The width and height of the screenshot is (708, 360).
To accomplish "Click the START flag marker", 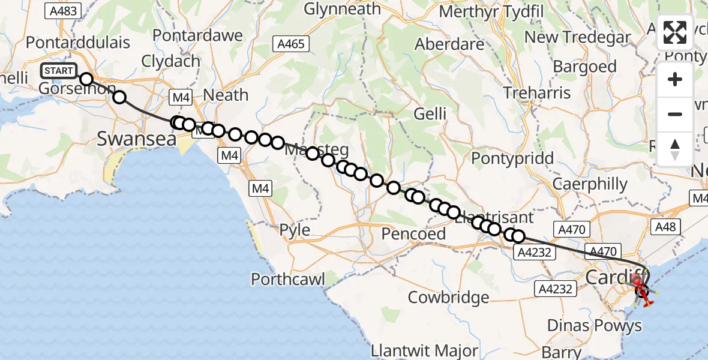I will click(x=59, y=71).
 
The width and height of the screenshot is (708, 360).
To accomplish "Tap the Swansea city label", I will click(x=136, y=139).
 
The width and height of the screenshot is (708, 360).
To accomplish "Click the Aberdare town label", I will click(x=449, y=45).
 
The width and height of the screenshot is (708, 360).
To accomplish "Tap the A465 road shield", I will click(x=291, y=44).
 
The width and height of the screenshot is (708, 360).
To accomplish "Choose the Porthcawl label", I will click(x=288, y=279).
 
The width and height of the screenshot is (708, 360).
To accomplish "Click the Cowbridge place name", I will click(x=448, y=297).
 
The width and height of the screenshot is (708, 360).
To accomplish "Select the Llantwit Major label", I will click(x=424, y=350).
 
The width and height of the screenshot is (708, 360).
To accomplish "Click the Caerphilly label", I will click(x=590, y=184).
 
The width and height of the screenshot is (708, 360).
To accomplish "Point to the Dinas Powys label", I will click(x=595, y=326).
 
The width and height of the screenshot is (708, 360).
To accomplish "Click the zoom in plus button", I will click(x=675, y=79).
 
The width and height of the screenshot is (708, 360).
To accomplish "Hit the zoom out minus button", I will click(x=675, y=114).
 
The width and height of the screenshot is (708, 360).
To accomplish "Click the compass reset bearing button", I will click(x=675, y=148).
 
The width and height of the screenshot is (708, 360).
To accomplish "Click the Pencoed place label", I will click(x=414, y=234).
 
